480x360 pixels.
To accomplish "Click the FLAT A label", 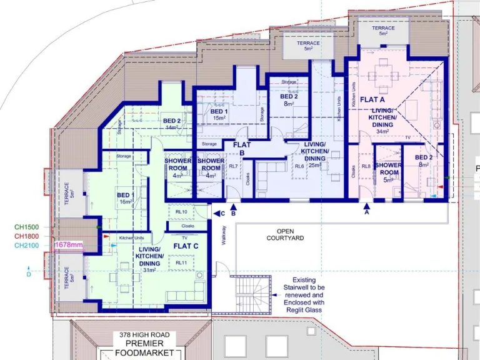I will coord(372,99).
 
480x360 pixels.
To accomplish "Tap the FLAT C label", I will coord(186,246).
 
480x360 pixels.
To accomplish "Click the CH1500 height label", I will coord(26,227).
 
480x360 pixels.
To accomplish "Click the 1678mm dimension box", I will coord(69,245).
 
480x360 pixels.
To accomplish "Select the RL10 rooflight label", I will coord(181,212).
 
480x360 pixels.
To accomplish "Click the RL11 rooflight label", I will coord(181,262).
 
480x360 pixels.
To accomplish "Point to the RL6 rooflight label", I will coord(299,166).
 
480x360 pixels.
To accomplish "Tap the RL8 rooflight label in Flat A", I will coord(366,166).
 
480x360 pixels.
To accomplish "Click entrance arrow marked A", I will coord(367,207).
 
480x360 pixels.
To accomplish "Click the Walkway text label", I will coord(222,235).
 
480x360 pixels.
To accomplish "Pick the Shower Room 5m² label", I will coord(389,172).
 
